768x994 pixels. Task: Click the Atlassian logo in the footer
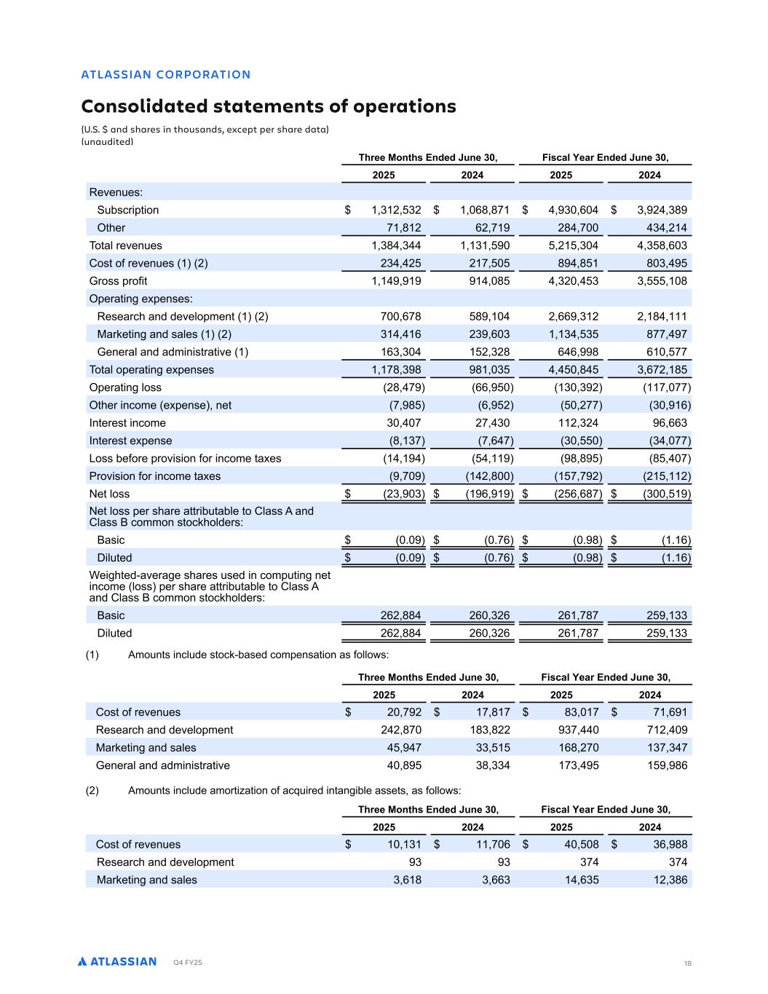click(x=117, y=961)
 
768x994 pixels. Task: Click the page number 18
click(x=687, y=963)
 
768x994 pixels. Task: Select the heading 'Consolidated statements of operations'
click(x=269, y=106)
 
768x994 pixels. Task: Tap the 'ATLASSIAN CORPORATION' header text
click(x=166, y=74)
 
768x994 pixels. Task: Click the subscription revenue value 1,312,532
click(x=396, y=210)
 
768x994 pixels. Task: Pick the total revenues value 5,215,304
click(x=573, y=245)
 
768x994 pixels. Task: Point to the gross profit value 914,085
click(x=485, y=281)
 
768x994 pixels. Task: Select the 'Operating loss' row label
click(x=125, y=387)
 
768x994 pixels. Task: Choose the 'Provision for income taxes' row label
click(x=154, y=476)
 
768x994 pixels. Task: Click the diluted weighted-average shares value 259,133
click(x=666, y=634)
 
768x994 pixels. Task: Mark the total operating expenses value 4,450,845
click(x=573, y=370)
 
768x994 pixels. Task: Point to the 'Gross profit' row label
click(x=118, y=281)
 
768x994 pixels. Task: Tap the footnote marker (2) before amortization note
click(x=92, y=790)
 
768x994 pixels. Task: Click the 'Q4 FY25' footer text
click(x=188, y=963)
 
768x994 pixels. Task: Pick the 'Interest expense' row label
click(x=130, y=441)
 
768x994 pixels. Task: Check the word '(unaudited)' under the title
click(x=107, y=142)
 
